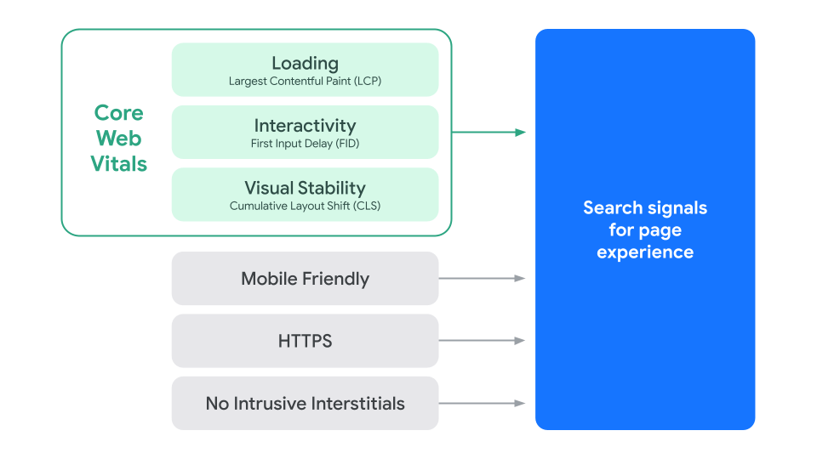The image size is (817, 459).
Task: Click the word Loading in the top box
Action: point(305,63)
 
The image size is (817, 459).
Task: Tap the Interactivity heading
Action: point(305,126)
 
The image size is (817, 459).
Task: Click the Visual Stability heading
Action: point(305,188)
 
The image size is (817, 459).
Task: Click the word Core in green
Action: point(118,113)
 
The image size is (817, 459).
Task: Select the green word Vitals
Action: point(118,164)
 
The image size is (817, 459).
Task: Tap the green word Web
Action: point(118,139)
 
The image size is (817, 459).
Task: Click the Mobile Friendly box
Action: point(305,279)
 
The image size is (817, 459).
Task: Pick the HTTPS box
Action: point(305,342)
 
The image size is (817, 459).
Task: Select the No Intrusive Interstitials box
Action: point(305,404)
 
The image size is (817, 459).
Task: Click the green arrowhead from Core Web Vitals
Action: point(520,132)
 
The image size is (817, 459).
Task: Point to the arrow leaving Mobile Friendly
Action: point(482,279)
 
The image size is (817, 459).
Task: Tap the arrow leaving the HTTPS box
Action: point(482,341)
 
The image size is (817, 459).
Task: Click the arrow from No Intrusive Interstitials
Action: point(482,404)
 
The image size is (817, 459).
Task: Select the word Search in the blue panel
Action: point(613,208)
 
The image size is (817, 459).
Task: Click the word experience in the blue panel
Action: point(645,252)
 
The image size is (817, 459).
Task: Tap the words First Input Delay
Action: point(288,144)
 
